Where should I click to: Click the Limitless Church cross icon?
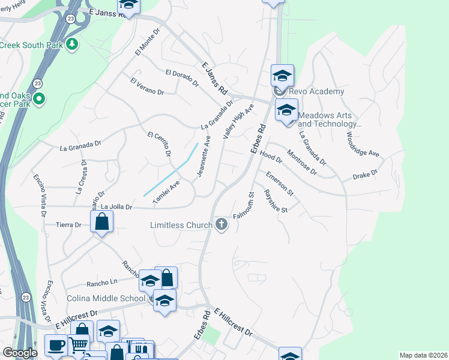tap(221, 225)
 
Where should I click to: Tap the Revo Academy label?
tap(316, 91)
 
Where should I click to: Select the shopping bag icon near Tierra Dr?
tap(102, 222)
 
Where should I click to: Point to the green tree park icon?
tap(72, 44)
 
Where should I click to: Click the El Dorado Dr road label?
tap(182, 78)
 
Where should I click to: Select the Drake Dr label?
tap(364, 174)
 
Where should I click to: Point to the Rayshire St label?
tap(277, 201)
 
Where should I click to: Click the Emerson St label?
tap(280, 184)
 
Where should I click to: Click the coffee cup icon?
tap(57, 345)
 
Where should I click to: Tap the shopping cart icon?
tap(79, 345)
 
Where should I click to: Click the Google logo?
tap(20, 353)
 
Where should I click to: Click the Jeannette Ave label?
tap(203, 158)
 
